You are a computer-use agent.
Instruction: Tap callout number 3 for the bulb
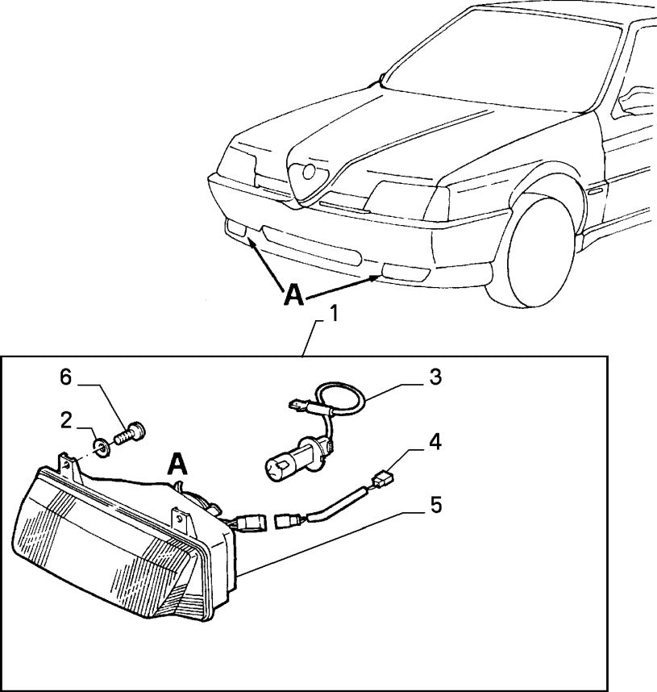(x=434, y=376)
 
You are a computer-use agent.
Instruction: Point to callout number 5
(x=435, y=506)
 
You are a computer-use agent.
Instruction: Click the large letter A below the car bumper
(x=294, y=296)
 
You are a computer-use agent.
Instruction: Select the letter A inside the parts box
(x=179, y=464)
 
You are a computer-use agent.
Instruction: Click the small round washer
(x=102, y=445)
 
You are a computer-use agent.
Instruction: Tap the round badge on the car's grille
(x=309, y=172)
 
